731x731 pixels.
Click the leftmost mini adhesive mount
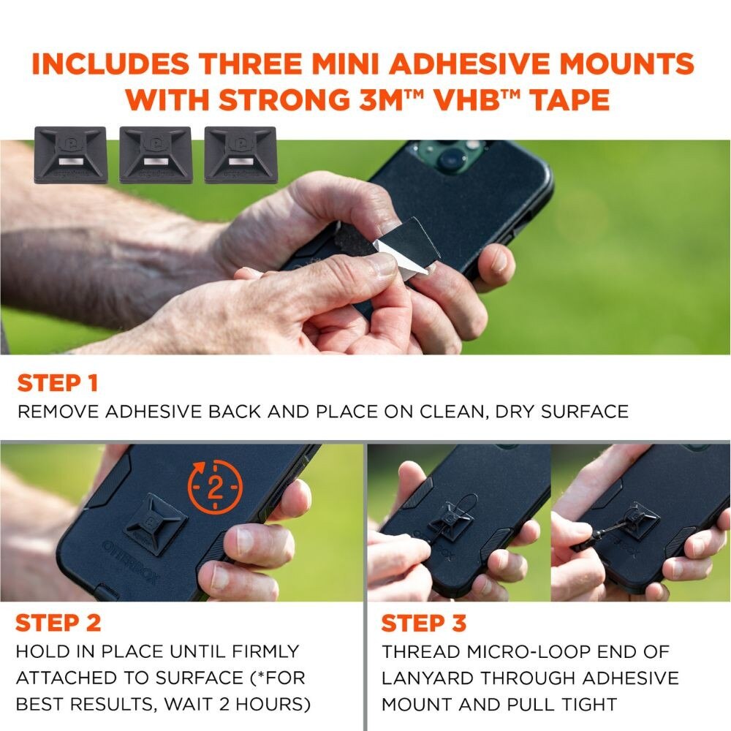point(71,155)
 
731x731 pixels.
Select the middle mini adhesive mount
point(156,155)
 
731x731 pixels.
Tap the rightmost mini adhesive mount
point(240,155)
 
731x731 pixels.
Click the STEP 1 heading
point(58,383)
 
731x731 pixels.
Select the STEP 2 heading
point(58,623)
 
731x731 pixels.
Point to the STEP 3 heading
point(424,623)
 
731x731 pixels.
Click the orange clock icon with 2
point(215,487)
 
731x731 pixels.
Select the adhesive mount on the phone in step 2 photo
point(156,524)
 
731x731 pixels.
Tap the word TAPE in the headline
point(572,99)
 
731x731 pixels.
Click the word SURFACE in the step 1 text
point(585,412)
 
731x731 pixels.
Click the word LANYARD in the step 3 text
point(425,678)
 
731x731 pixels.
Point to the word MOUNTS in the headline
point(627,64)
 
